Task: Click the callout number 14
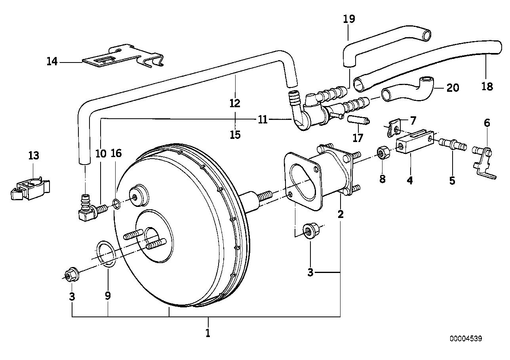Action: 52,61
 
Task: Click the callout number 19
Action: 349,19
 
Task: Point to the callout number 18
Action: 487,86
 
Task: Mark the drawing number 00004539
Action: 466,339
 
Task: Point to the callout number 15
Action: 235,135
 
